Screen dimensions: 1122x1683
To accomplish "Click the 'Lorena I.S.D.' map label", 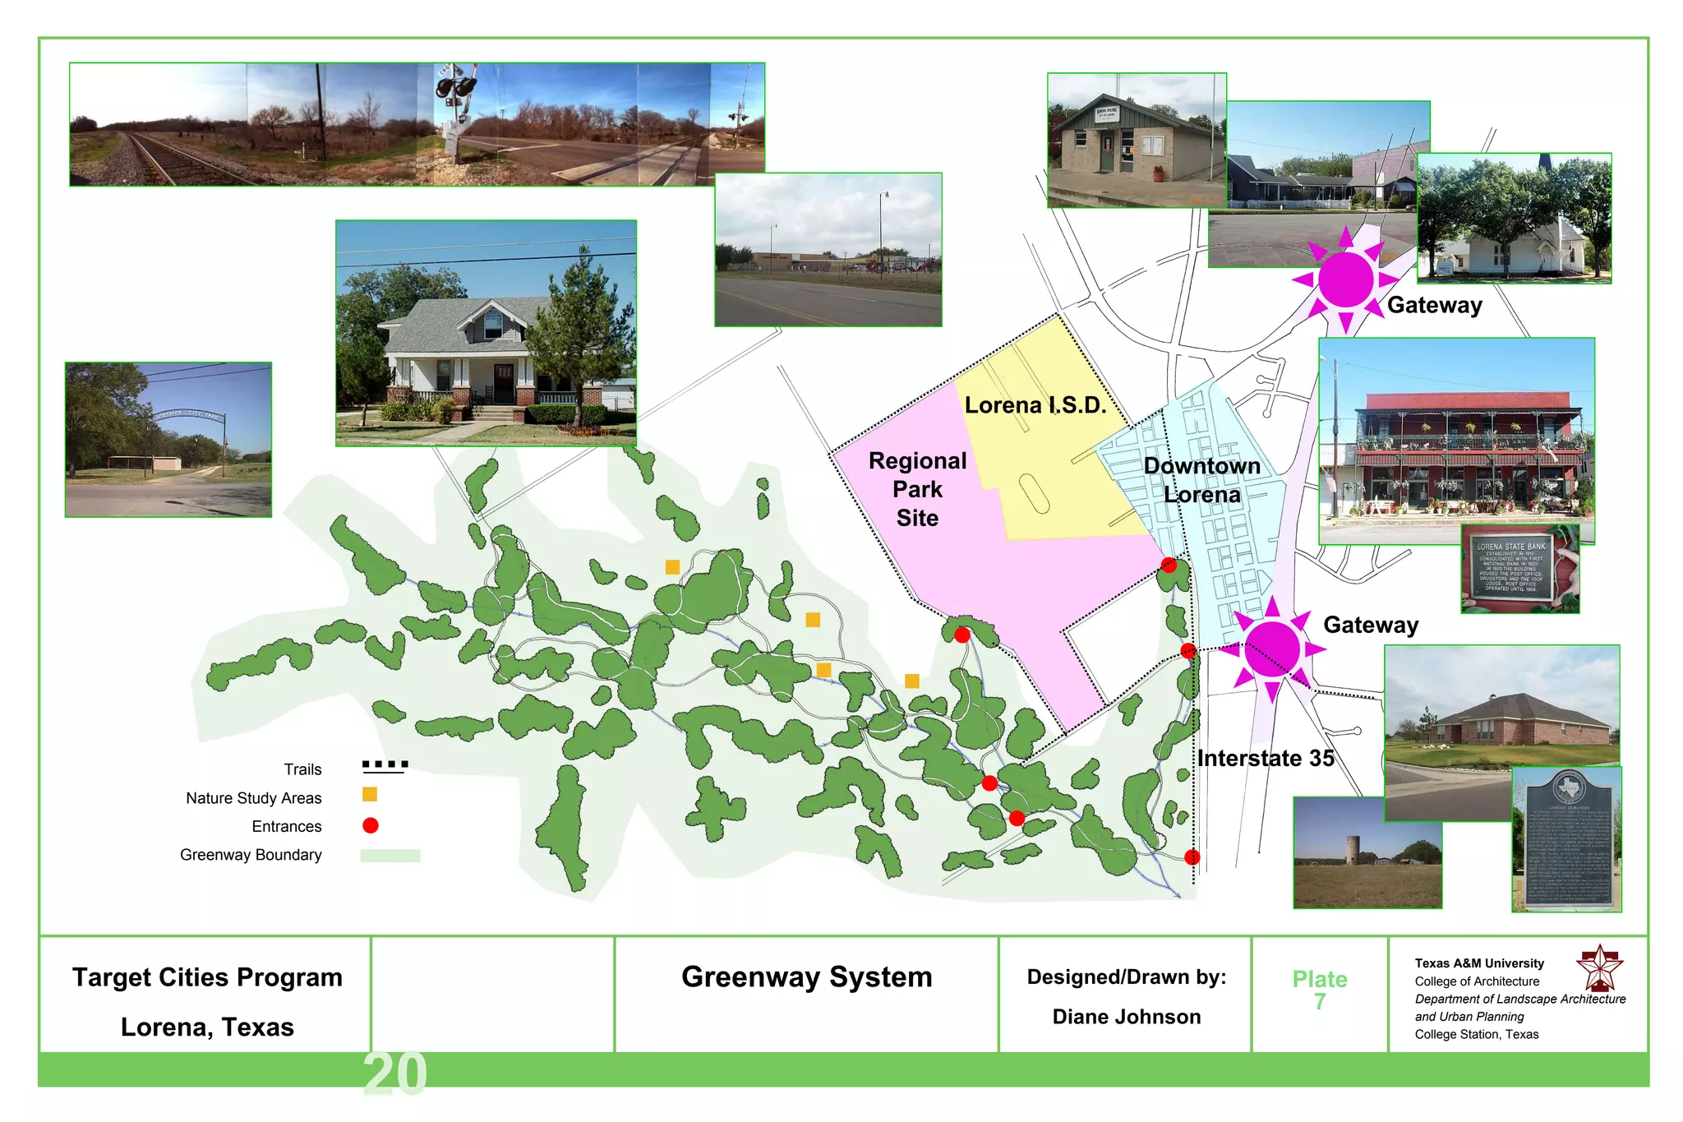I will (1035, 405).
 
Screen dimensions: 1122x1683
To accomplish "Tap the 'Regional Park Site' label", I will (917, 489).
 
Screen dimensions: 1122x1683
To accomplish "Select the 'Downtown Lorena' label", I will (1201, 480).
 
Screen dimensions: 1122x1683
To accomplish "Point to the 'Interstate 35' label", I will (1266, 758).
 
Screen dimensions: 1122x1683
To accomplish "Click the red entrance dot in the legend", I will (371, 825).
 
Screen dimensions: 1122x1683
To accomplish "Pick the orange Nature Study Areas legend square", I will (370, 794).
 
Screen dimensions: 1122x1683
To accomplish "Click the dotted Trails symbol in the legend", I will (385, 765).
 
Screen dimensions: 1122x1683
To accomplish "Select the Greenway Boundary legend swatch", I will (390, 856).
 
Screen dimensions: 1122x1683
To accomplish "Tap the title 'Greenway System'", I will (806, 977).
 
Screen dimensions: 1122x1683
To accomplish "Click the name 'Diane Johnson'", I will (1126, 1017).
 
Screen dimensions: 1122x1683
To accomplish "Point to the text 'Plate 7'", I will (1319, 990).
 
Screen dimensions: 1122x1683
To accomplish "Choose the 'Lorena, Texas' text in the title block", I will (207, 1027).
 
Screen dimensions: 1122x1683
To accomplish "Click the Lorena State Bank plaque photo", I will (1519, 568).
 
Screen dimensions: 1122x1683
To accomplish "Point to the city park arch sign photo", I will (168, 439).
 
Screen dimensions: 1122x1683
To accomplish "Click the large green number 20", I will (394, 1074).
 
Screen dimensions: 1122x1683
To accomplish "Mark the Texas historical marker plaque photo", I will (1566, 839).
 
